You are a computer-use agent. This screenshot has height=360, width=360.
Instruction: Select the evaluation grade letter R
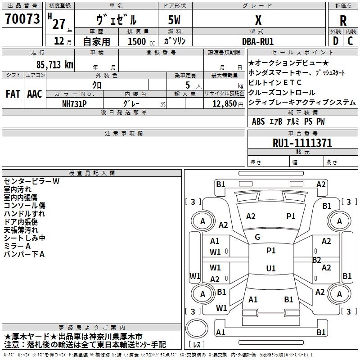343,20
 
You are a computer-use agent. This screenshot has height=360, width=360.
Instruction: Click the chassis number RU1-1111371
302,143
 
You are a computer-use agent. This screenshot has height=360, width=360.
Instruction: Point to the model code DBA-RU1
257,41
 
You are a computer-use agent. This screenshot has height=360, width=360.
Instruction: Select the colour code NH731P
75,103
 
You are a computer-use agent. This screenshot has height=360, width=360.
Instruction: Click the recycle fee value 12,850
221,103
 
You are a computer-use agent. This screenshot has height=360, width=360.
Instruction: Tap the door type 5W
175,20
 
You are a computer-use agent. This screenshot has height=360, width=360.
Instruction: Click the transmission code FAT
13,94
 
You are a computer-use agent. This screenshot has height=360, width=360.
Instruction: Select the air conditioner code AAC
34,94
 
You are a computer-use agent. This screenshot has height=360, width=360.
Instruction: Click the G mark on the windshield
257,237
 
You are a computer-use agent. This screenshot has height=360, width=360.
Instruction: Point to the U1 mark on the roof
270,268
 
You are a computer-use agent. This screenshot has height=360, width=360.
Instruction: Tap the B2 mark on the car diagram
316,260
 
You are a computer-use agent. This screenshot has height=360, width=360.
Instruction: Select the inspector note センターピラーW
31,181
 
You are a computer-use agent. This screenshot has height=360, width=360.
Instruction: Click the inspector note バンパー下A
24,254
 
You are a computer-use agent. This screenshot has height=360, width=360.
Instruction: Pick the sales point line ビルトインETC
275,82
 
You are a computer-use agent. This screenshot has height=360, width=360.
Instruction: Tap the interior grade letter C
350,41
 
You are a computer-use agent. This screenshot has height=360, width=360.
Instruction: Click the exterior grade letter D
335,41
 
